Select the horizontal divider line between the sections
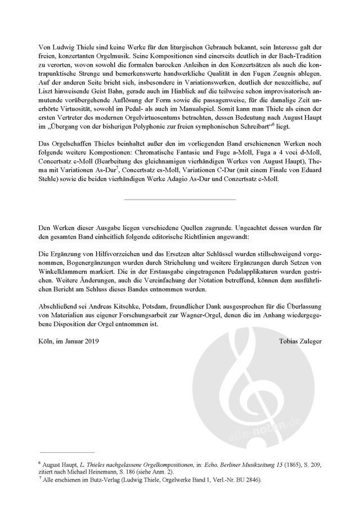tap(179, 200)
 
